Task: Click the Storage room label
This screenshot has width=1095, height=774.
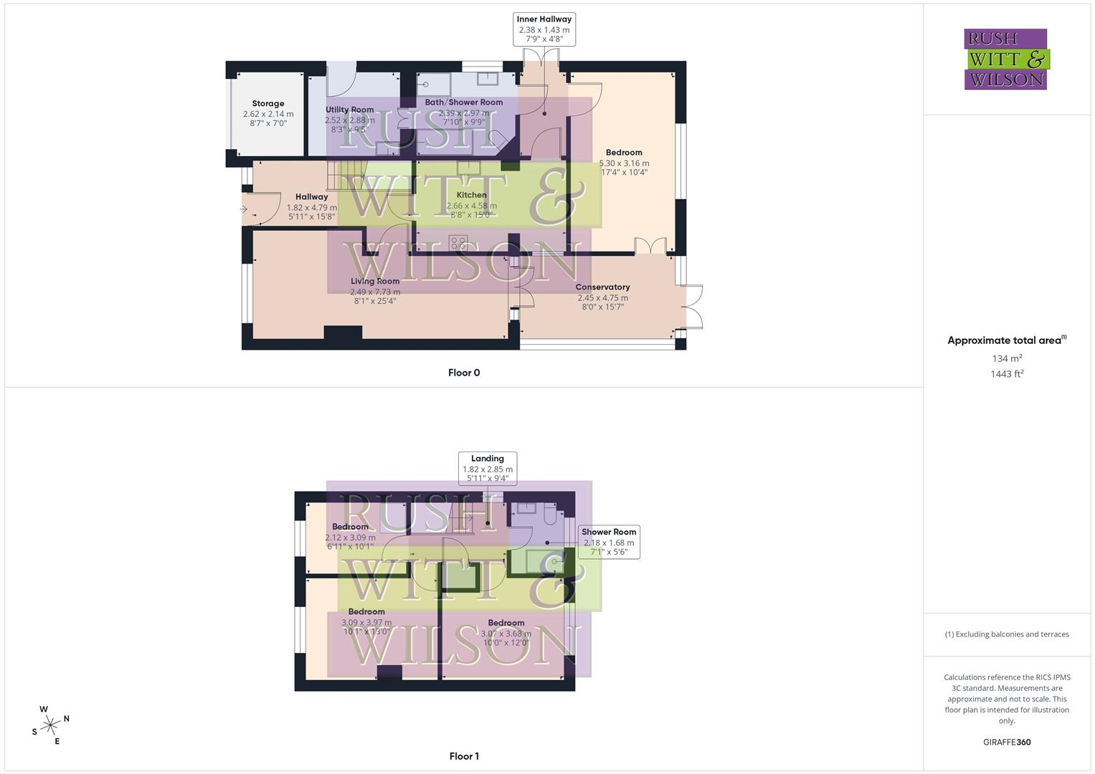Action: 268,104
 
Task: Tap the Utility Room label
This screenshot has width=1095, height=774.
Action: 349,110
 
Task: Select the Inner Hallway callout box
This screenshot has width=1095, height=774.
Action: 544,29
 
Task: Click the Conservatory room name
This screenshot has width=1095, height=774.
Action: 602,287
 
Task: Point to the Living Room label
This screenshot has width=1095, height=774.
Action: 375,282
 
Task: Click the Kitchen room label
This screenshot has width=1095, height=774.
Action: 471,195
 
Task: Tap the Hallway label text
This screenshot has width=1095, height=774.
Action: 311,197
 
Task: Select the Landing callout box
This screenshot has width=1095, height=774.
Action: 488,469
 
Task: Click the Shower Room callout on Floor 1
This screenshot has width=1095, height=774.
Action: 609,542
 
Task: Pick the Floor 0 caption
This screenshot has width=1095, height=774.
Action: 464,373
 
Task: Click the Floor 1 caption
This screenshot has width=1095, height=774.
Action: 464,756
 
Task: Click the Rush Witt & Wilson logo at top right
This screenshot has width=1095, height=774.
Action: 1006,59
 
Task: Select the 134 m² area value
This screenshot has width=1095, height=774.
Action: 1007,358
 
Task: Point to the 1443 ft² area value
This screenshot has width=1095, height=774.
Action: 1007,374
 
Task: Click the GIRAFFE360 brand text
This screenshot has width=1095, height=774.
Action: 1007,742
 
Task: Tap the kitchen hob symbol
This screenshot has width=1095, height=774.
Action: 458,242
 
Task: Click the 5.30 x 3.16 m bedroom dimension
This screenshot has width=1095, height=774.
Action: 624,163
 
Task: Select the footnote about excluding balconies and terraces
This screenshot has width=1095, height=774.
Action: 1007,634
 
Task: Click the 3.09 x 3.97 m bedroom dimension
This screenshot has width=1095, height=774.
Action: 366,623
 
